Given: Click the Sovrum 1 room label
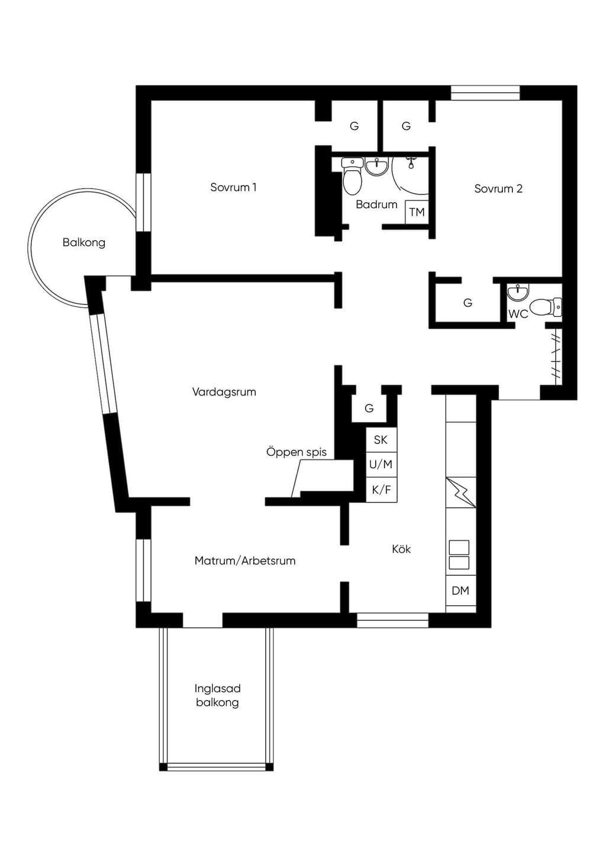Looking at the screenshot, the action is (233, 187).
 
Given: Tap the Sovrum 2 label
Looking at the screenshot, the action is (498, 189).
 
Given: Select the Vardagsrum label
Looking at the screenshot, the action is (224, 392).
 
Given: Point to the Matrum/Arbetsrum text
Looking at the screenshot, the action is (245, 560).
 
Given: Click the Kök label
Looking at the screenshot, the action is (401, 549).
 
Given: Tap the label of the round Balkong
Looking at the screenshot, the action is (84, 242).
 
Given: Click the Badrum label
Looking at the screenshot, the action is (376, 205).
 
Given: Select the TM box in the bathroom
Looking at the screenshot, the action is (417, 212).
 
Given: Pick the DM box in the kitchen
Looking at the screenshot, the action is (460, 591).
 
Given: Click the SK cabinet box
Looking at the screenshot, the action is (381, 440).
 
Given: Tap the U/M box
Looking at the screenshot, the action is (381, 465).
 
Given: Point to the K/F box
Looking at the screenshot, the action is (381, 489).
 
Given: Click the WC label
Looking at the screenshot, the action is (518, 314).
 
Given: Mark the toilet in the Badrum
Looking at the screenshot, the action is (352, 176).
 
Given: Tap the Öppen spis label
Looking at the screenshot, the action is (296, 452).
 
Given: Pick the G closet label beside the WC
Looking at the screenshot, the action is (468, 303).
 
